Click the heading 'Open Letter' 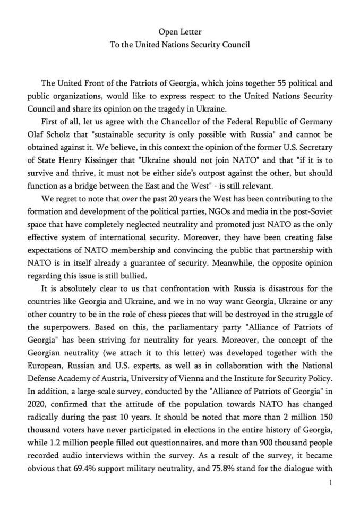coord(179,32)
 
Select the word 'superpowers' coord(64,327)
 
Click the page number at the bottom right coord(331,482)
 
